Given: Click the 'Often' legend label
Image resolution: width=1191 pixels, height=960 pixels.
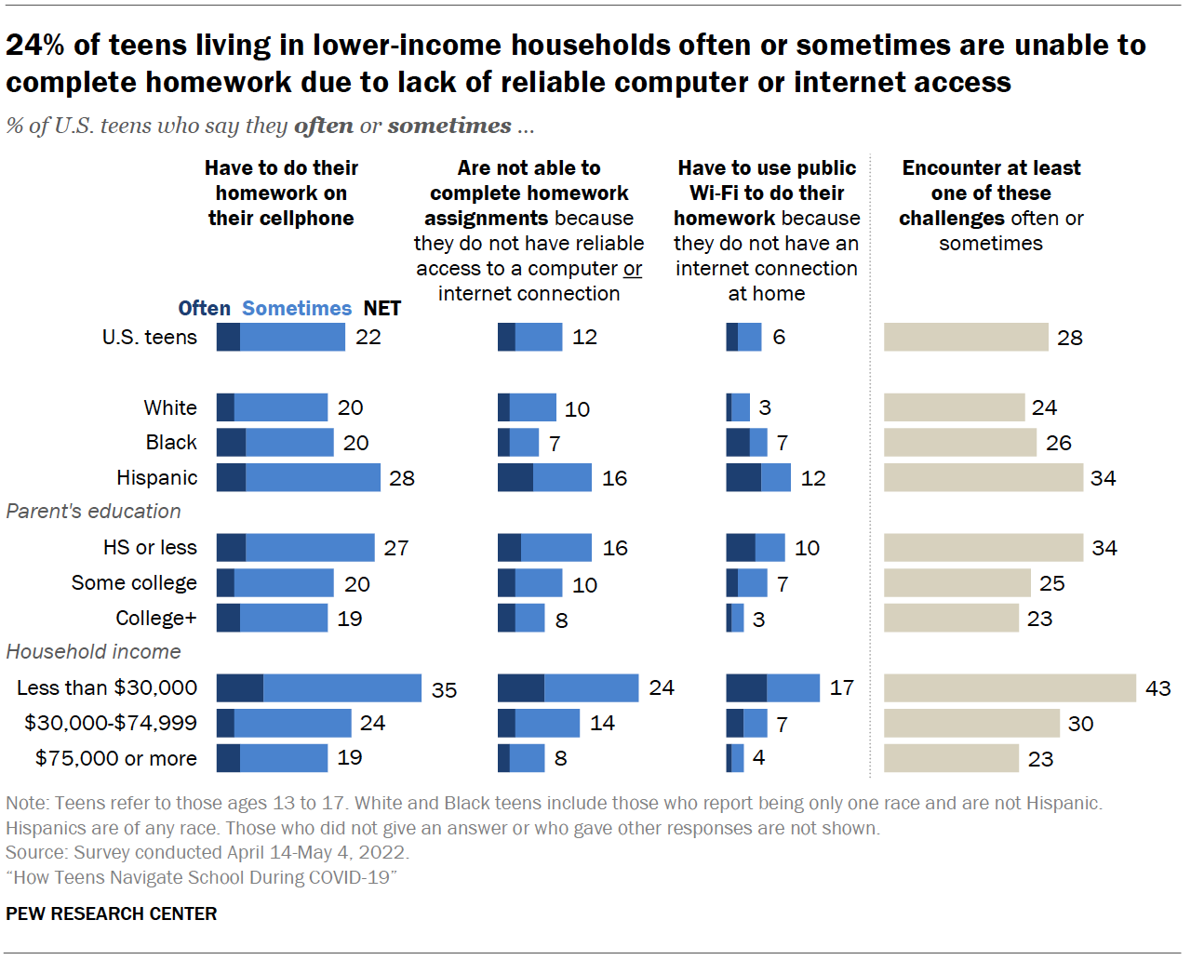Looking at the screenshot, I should [204, 309].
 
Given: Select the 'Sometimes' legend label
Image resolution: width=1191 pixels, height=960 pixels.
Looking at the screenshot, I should [297, 309].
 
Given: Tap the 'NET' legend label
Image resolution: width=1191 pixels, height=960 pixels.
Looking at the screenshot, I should [381, 309].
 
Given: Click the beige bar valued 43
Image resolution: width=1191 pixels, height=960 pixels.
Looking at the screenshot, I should [1010, 688].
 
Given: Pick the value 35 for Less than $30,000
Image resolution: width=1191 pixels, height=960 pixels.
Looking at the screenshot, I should [444, 690].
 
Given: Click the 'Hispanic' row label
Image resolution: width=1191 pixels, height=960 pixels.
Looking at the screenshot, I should [156, 478].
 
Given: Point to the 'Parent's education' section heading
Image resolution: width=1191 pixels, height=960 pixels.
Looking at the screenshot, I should [93, 512].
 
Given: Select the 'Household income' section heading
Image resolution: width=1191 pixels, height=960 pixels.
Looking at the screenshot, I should [93, 652].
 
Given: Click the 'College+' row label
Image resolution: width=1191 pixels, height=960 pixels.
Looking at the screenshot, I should [156, 619].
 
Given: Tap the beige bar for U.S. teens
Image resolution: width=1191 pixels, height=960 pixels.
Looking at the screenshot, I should [966, 338].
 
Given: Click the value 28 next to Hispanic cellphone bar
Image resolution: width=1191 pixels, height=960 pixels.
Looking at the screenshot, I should [402, 478].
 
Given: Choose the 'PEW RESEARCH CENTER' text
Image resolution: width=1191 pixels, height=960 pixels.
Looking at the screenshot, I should [112, 914].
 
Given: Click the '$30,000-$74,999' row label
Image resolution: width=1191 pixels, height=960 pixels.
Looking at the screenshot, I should [111, 724].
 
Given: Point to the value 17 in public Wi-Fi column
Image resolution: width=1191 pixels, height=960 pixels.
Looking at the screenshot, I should [841, 688].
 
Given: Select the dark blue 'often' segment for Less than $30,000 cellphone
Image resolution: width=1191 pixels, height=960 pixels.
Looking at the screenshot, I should [240, 688].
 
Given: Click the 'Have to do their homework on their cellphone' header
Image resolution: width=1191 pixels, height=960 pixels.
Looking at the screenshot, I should [281, 193].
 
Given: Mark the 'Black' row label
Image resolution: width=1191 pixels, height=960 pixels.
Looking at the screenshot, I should [171, 443].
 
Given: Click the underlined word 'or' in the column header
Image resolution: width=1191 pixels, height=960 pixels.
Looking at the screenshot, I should [633, 269].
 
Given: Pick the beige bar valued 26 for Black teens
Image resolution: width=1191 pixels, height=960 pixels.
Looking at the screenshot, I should [959, 443].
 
